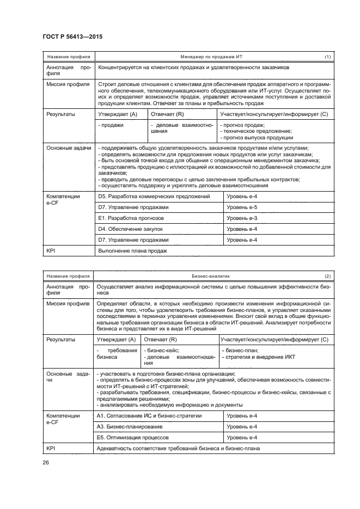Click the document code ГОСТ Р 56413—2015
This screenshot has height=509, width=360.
tap(72, 36)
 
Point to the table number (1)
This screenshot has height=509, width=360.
tap(327, 57)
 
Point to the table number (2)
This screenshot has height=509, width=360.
tap(327, 276)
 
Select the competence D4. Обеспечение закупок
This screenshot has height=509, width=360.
tap(130, 229)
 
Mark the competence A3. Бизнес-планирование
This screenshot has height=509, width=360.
tap(130, 426)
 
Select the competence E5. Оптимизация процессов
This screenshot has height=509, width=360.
tap(133, 437)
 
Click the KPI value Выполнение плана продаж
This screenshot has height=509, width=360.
tap(132, 251)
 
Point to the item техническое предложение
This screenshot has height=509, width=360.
tap(256, 131)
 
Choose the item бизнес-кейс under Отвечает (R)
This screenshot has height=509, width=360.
tap(162, 351)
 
